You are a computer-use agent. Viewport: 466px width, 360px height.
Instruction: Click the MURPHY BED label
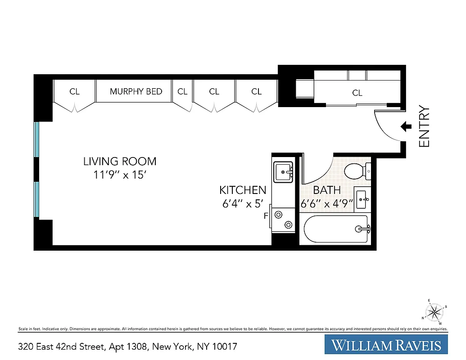point(136,91)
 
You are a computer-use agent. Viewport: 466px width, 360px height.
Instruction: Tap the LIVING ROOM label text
point(120,161)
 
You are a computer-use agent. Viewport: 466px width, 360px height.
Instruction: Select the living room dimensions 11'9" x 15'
point(120,175)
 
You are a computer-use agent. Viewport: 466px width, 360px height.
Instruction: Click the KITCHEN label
point(243,190)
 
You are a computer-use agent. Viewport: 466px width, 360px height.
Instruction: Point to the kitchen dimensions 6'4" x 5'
point(242,203)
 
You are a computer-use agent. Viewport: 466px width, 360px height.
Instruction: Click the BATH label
point(327,190)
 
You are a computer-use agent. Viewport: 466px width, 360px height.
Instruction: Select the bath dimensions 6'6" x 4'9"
point(327,203)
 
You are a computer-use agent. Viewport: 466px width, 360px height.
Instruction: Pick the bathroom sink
point(362,199)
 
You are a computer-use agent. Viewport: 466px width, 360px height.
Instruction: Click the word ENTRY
point(425,126)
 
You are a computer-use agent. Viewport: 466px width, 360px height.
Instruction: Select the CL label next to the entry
point(357,93)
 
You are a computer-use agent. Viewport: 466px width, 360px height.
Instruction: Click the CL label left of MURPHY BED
point(74,91)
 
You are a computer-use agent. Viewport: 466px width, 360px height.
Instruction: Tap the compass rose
point(434,311)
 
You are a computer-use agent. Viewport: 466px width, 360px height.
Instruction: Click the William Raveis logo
point(386,346)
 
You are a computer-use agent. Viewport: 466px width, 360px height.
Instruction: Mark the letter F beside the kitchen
point(266,216)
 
